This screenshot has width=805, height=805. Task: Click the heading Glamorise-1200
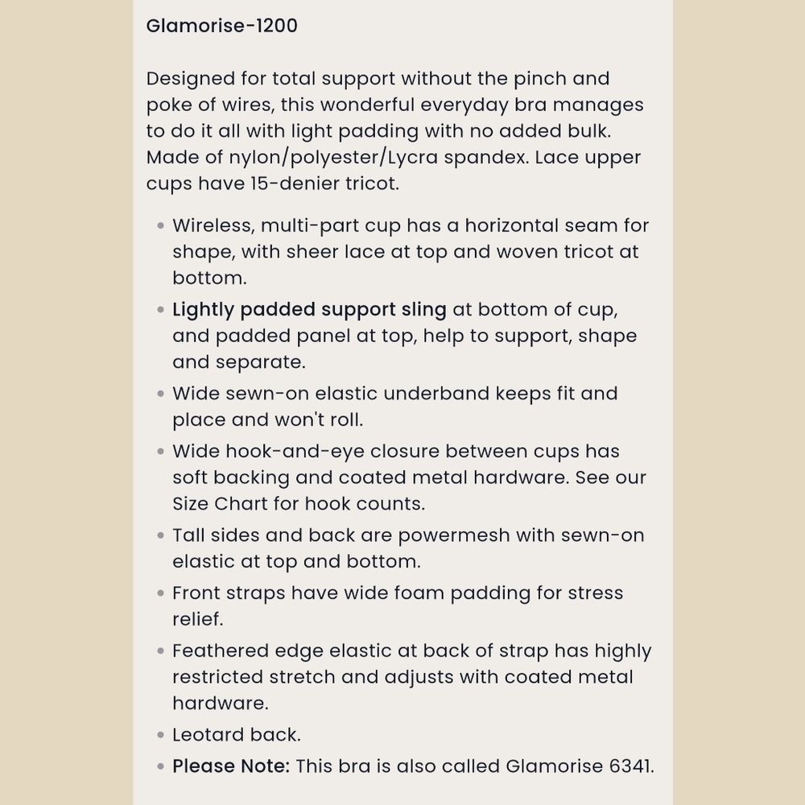click(221, 26)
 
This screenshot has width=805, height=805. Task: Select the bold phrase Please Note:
click(231, 766)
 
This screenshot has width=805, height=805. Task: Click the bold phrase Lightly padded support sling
click(309, 310)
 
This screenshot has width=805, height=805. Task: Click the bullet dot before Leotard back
click(161, 735)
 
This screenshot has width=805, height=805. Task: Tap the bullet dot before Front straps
click(161, 593)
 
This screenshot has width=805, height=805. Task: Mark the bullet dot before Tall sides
click(161, 535)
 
